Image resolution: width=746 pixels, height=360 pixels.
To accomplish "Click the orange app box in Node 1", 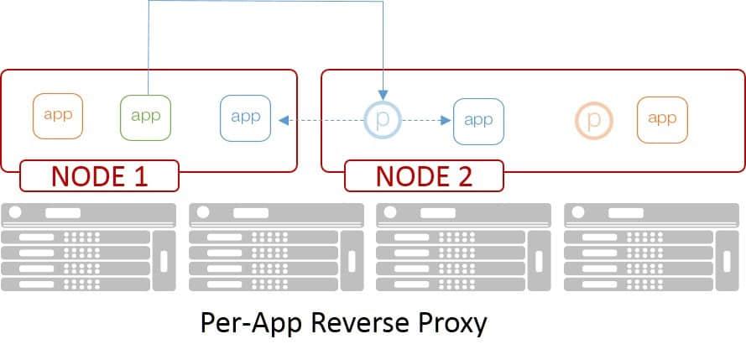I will tap(58, 116).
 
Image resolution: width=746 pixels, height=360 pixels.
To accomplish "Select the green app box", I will tap(145, 116).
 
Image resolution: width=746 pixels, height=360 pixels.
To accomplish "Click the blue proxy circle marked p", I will tap(383, 120).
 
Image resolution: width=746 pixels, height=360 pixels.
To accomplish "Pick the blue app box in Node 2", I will tap(478, 120).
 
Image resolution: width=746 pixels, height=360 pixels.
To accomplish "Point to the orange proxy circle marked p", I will tap(594, 120).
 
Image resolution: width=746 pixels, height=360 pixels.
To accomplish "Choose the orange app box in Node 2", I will tap(662, 118).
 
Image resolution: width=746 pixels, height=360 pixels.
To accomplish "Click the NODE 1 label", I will tap(99, 175).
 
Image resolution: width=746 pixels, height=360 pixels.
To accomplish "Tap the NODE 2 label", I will tap(424, 175).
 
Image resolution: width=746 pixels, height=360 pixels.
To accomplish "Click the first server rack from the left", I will tap(89, 248).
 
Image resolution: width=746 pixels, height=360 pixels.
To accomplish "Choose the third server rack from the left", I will tap(464, 248).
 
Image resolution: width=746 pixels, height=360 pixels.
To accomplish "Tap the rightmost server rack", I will tap(652, 248).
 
